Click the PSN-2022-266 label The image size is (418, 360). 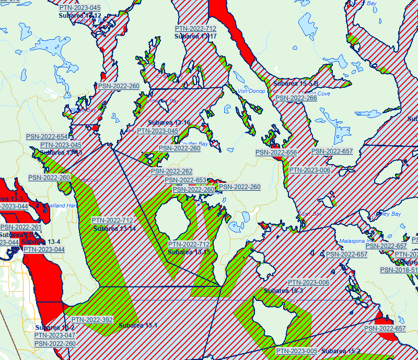(296, 98)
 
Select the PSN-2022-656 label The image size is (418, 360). (276, 153)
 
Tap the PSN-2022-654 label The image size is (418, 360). (47, 137)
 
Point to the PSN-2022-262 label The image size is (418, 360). (171, 171)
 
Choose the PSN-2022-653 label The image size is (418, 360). (185, 180)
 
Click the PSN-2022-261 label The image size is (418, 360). (21, 227)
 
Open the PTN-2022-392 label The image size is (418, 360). (92, 320)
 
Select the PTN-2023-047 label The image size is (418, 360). (55, 335)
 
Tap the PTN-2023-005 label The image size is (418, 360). (297, 351)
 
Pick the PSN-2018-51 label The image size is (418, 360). (399, 270)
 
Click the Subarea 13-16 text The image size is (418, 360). (169, 123)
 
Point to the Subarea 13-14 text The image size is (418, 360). (114, 228)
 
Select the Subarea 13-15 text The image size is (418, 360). (189, 252)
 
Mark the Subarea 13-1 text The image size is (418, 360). (138, 326)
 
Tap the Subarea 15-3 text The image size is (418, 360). (283, 291)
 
